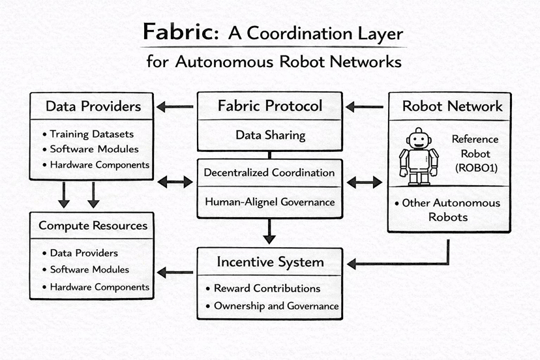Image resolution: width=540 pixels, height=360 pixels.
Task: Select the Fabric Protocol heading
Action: point(269,106)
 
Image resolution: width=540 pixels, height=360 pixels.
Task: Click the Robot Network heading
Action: point(453,106)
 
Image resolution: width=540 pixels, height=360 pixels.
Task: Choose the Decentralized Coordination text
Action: point(269,173)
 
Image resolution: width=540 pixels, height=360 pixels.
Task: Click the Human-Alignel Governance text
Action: point(269,202)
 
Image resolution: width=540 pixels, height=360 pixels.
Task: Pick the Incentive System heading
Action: point(269,262)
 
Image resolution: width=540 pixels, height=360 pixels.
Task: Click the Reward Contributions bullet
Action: point(267,288)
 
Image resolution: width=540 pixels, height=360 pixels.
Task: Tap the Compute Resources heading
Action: point(93,226)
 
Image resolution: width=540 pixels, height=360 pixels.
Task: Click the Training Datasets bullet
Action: point(91,134)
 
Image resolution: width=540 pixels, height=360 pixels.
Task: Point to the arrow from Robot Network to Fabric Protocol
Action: point(365,106)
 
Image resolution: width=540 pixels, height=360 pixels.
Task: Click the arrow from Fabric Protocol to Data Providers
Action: point(175,106)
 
